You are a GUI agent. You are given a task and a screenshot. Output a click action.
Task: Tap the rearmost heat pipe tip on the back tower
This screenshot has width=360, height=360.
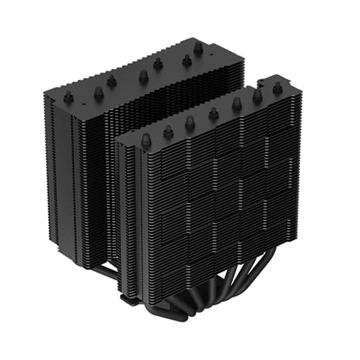click(x=197, y=48)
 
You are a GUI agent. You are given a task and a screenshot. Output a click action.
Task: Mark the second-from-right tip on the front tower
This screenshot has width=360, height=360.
click(x=257, y=95)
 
